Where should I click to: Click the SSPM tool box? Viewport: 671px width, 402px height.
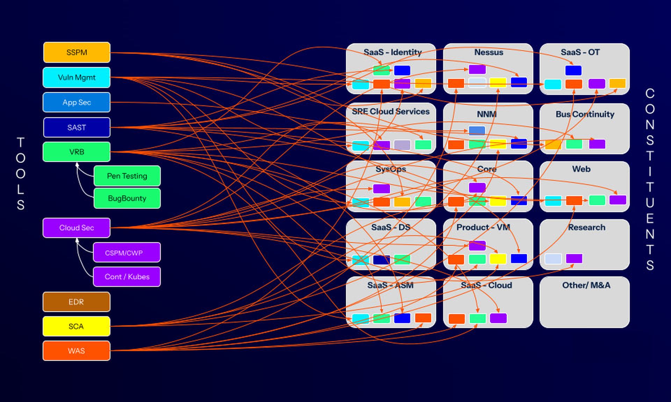[x=77, y=52]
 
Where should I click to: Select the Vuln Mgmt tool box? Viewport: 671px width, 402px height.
[x=77, y=77]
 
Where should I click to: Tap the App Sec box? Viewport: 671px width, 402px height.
[x=77, y=102]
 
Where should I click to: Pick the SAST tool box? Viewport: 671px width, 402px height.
[x=77, y=127]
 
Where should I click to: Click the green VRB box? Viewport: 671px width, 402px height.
[x=77, y=152]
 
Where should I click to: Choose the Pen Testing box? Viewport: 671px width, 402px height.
[x=127, y=176]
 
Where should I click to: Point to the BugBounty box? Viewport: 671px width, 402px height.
[x=127, y=198]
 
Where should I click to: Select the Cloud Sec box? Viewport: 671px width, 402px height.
[x=77, y=228]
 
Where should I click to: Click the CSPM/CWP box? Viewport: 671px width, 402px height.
[x=127, y=252]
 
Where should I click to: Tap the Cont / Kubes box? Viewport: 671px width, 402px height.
[x=127, y=277]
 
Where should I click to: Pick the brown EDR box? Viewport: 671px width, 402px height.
[x=77, y=302]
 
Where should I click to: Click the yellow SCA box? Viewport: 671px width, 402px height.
[x=77, y=326]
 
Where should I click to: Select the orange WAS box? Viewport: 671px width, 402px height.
[x=77, y=351]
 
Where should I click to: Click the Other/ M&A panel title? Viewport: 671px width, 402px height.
[x=586, y=285]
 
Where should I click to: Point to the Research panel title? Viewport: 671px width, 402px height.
[x=586, y=227]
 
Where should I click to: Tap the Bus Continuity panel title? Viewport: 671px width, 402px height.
[x=585, y=114]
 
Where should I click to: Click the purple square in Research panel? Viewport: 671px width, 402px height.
[x=574, y=259]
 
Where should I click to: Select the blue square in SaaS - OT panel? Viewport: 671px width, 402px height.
[x=573, y=70]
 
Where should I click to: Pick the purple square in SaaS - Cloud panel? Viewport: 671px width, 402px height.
[x=498, y=318]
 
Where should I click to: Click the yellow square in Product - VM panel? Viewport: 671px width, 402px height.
[x=498, y=259]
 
